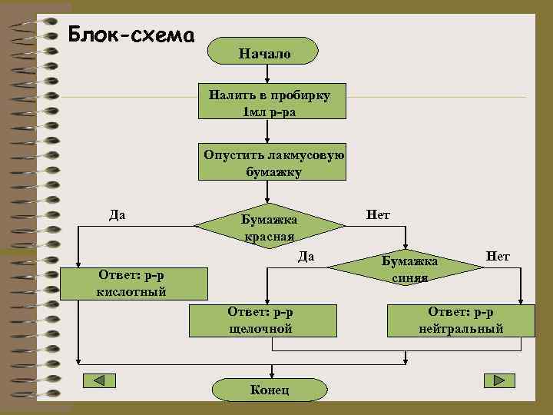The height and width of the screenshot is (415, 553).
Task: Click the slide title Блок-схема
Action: pos(131,35)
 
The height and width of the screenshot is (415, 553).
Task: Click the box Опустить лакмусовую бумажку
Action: pos(273,162)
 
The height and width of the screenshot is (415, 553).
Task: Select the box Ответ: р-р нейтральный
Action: pos(461,320)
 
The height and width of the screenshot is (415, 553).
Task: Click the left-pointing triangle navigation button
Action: pos(98,380)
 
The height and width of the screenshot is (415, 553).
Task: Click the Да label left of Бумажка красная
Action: pos(118,214)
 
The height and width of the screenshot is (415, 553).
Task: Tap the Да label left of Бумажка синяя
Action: pos(306,255)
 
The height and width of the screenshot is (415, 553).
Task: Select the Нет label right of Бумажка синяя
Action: pos(498,255)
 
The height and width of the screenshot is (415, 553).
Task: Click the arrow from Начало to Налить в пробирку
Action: pos(266,73)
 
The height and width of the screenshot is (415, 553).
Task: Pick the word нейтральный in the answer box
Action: pos(461,329)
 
